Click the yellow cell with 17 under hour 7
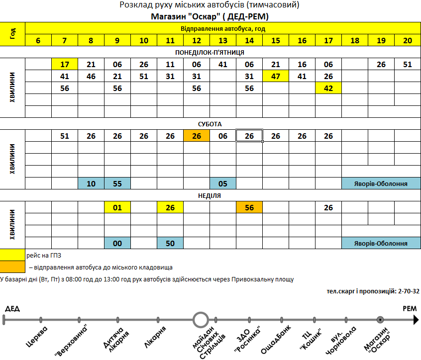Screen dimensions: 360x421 (65, 64)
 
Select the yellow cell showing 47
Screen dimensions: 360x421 (276, 76)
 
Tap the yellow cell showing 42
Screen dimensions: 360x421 (328, 88)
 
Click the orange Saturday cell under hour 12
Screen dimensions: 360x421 (197, 136)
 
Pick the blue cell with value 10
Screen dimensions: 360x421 (91, 183)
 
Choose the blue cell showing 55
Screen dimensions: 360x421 (117, 183)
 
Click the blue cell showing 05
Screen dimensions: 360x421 (223, 183)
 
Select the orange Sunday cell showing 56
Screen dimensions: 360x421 (249, 207)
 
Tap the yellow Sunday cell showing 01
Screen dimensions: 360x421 (117, 207)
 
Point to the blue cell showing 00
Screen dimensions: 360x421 (117, 243)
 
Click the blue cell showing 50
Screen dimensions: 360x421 (170, 243)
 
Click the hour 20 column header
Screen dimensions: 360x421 (408, 40)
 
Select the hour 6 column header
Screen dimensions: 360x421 (38, 40)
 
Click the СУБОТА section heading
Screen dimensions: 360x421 (210, 124)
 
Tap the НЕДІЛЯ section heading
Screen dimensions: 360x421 (210, 195)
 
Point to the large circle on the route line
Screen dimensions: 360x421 (201, 320)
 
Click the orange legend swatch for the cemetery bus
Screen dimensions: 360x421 (12, 267)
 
